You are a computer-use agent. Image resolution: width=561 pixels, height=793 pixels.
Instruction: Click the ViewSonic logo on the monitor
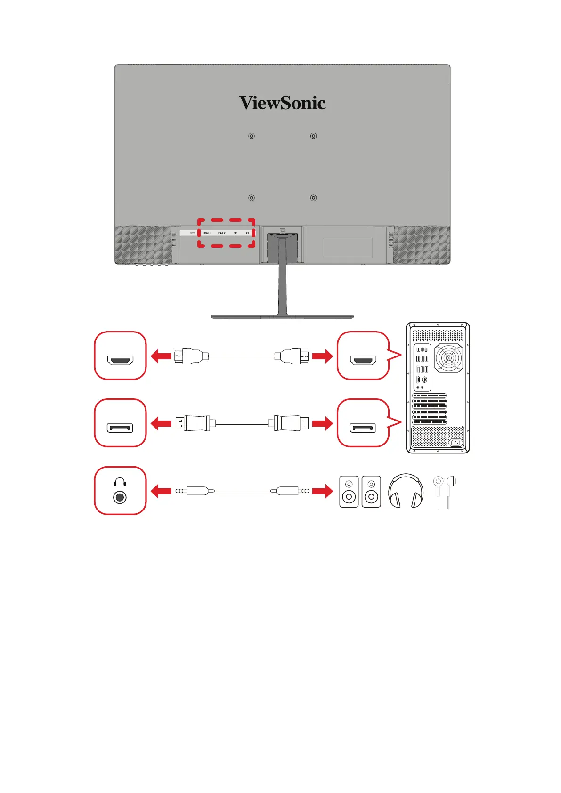pyautogui.click(x=282, y=103)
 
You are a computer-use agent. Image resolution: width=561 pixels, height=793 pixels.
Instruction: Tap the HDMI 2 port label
pyautogui.click(x=221, y=233)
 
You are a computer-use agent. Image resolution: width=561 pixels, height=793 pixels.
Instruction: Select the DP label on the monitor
pyautogui.click(x=236, y=233)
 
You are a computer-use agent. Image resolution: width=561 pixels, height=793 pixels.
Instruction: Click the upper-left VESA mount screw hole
pyautogui.click(x=252, y=136)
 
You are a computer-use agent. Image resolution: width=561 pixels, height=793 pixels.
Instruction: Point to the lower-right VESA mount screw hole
pyautogui.click(x=313, y=198)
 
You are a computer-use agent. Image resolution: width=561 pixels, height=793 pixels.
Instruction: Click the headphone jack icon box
pyautogui.click(x=120, y=491)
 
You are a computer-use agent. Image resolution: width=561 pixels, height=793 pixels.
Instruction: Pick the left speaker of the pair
pyautogui.click(x=349, y=492)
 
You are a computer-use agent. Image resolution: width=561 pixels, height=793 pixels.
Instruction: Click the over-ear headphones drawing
pyautogui.click(x=406, y=491)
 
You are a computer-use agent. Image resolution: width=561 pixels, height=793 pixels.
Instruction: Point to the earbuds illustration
pyautogui.click(x=445, y=491)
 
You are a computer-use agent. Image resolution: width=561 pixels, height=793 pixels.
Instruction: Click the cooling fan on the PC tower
pyautogui.click(x=449, y=358)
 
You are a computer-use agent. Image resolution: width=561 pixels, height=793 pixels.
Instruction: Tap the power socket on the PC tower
pyautogui.click(x=455, y=443)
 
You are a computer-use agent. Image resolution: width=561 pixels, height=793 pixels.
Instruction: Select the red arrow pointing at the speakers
pyautogui.click(x=322, y=492)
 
